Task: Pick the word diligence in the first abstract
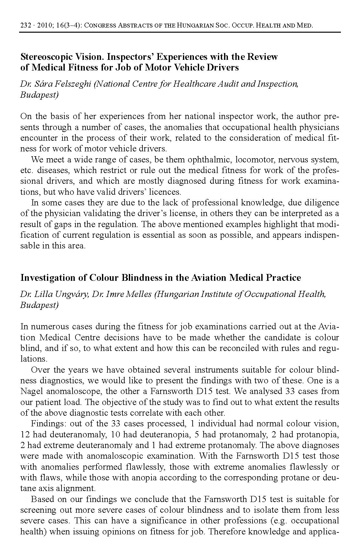(320, 203)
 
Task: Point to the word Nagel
(31, 391)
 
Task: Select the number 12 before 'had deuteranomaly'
(25, 434)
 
